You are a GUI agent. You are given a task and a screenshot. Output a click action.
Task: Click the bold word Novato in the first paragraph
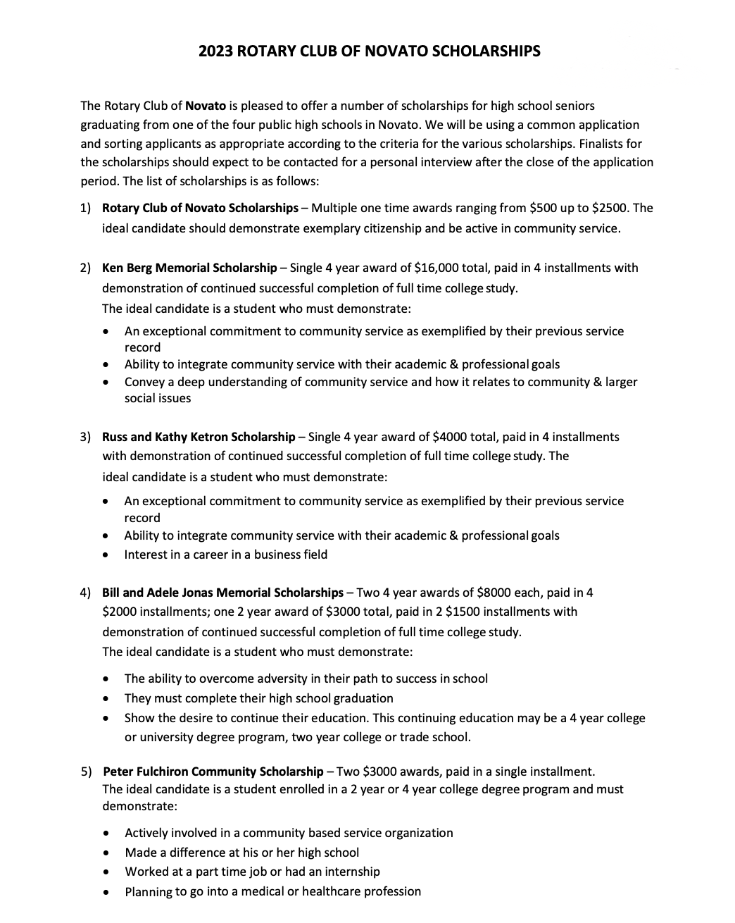coord(206,106)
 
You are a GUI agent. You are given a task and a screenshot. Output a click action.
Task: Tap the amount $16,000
coord(439,268)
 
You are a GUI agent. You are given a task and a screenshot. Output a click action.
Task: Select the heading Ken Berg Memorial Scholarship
coord(189,268)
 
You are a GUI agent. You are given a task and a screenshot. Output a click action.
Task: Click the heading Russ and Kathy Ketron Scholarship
coord(199,437)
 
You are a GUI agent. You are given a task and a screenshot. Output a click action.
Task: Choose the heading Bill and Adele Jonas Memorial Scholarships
coord(222,593)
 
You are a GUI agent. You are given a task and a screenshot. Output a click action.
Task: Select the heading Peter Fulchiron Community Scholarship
coord(213,771)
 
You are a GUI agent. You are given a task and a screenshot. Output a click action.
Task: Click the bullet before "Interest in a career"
coord(106,555)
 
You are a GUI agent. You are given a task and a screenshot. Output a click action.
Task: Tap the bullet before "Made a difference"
coord(106,853)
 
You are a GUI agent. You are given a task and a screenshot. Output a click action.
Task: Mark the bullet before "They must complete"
coord(106,699)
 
